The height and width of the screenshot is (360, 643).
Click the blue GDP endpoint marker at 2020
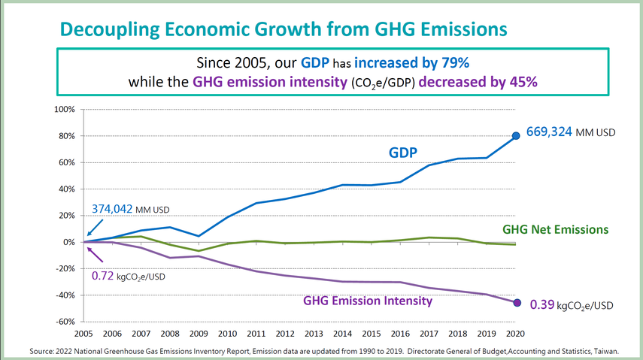pyautogui.click(x=516, y=136)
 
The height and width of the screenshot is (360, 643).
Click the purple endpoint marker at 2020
pyautogui.click(x=516, y=303)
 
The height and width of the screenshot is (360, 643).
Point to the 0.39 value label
pyautogui.click(x=542, y=305)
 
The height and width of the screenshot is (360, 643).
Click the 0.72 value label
pyautogui.click(x=103, y=276)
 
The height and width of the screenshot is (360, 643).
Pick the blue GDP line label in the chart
pyautogui.click(x=403, y=153)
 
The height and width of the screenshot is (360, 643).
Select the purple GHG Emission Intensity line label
pyautogui.click(x=368, y=301)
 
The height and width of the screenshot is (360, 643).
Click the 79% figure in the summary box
pyautogui.click(x=454, y=61)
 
